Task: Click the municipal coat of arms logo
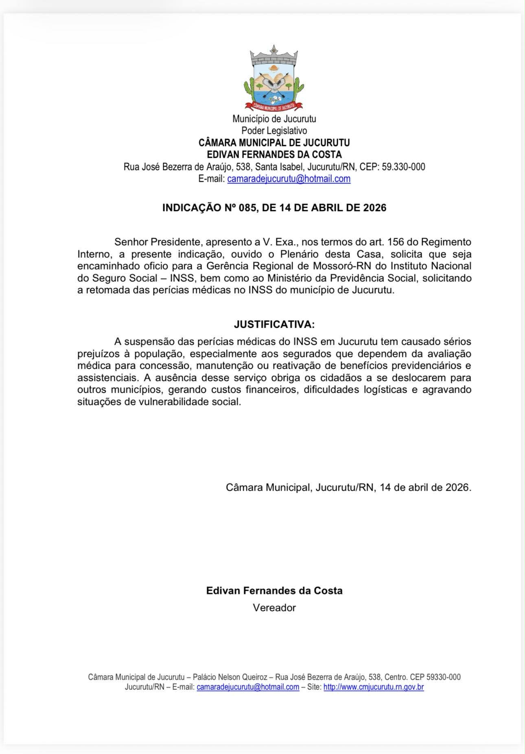point(274,78)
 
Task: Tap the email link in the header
point(289,179)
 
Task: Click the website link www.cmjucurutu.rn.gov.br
point(374,687)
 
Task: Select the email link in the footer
point(248,687)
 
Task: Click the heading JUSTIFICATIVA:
point(274,324)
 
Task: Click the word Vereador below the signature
point(274,608)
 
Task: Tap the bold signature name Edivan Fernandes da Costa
point(274,591)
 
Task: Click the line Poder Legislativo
point(274,131)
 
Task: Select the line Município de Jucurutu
point(274,119)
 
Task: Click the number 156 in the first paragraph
point(396,242)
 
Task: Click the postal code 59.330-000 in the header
point(403,167)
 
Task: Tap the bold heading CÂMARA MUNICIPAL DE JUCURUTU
point(274,143)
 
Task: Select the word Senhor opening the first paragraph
point(131,242)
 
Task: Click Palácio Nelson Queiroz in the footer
point(230,677)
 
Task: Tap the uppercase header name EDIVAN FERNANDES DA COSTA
point(274,155)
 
